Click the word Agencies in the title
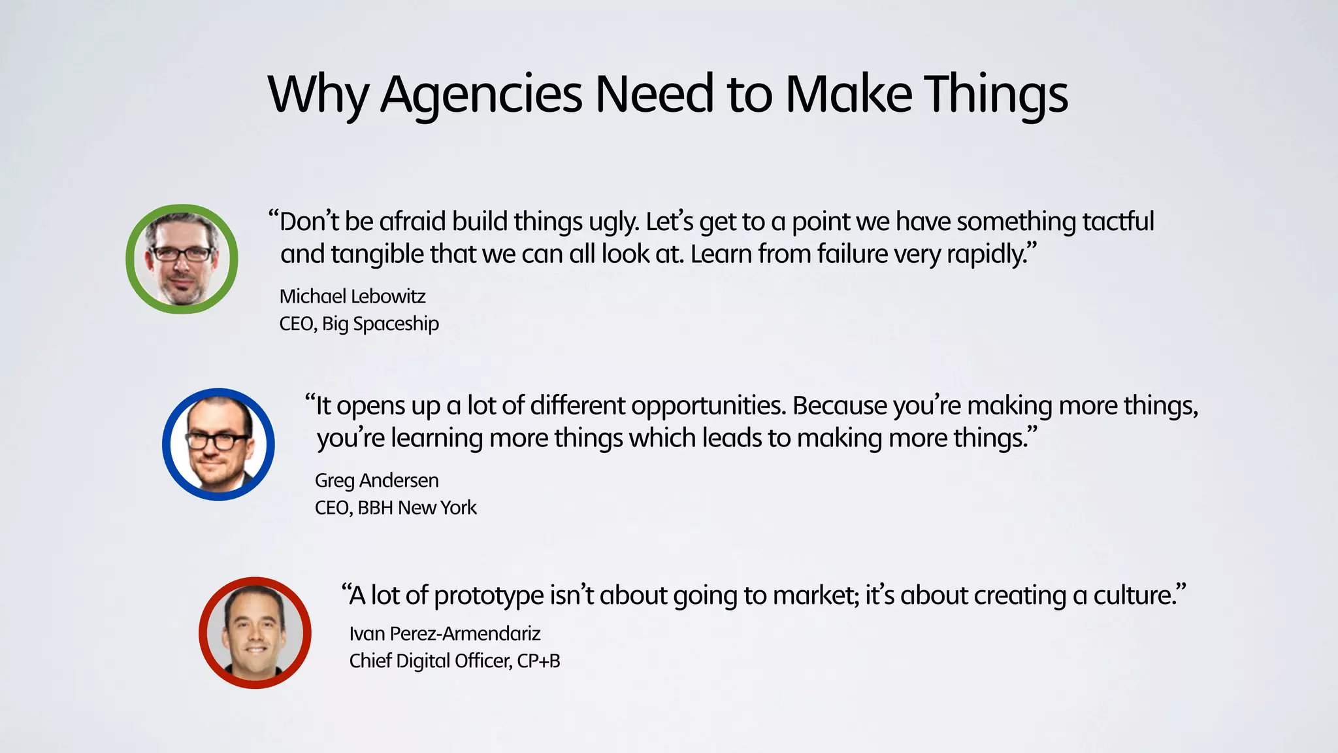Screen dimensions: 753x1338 (x=481, y=95)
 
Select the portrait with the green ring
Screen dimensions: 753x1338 (x=182, y=259)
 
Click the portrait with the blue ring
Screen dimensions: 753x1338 (x=218, y=444)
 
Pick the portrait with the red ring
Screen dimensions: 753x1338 (x=255, y=633)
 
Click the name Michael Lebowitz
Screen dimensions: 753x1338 (x=352, y=297)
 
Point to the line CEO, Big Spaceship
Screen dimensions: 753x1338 (x=359, y=324)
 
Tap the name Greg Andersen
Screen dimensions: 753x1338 (x=376, y=480)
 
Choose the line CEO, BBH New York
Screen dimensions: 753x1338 (x=395, y=508)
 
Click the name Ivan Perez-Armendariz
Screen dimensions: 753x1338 (x=445, y=633)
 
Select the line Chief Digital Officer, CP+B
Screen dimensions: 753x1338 (x=455, y=661)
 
